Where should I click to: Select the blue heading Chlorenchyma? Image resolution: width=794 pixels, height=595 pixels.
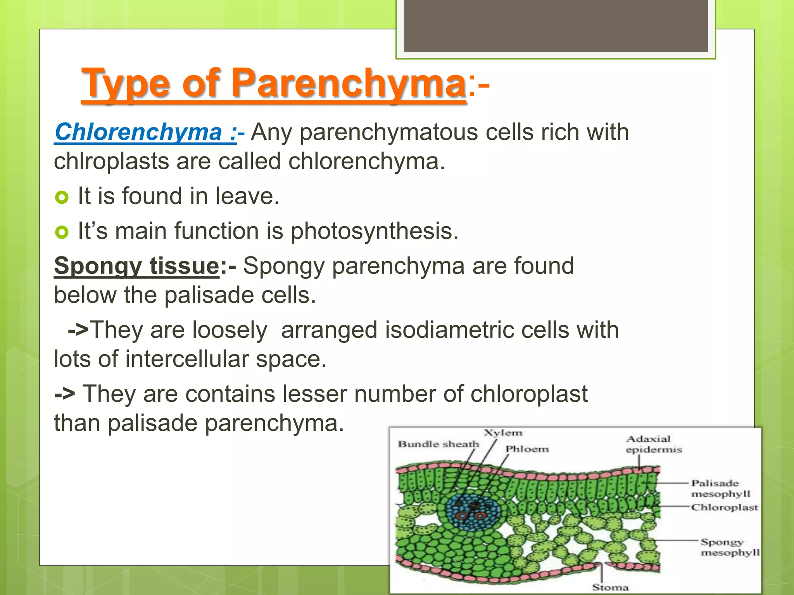point(138,132)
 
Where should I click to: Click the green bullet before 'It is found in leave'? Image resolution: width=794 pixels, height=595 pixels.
point(62,198)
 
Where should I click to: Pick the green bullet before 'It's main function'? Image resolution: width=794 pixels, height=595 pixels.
point(62,232)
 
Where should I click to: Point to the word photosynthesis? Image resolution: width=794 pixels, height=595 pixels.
point(374,232)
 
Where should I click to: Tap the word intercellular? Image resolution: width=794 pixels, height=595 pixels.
point(186,359)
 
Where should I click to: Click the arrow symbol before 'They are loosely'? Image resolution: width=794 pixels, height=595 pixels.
point(78,330)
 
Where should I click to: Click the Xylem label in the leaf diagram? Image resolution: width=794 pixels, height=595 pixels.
point(503,433)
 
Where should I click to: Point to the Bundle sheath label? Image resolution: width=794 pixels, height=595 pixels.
point(438,444)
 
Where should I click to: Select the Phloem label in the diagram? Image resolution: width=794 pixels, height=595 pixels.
point(527,449)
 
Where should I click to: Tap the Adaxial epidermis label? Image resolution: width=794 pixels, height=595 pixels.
point(654,444)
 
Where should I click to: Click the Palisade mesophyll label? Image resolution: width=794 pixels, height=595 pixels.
point(720,488)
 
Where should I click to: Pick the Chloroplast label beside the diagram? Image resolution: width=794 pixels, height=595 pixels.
point(724,507)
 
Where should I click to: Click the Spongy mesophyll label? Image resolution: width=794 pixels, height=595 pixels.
point(730,547)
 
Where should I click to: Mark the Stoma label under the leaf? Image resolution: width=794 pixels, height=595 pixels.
point(610,588)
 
